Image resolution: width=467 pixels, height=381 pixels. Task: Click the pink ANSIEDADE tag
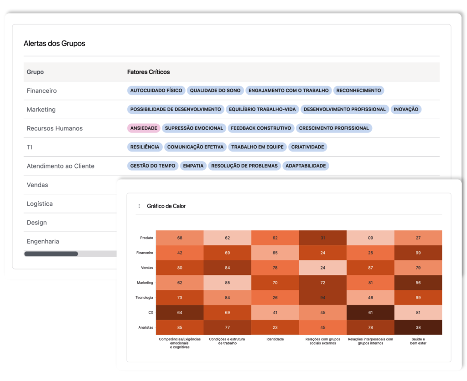tap(144, 128)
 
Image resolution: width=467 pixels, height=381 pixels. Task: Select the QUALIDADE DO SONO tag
tap(215, 91)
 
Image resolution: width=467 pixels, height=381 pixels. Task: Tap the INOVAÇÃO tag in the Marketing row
tap(406, 109)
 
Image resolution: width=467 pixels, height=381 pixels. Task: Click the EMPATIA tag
tap(193, 166)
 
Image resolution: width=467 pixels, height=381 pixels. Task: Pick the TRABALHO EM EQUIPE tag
tap(257, 147)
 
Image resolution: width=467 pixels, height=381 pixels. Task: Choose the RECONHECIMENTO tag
tap(358, 91)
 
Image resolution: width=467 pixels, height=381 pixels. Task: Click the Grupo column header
tap(35, 72)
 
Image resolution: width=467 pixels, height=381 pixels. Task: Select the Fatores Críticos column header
tap(148, 72)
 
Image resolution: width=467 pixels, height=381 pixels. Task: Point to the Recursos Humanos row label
tap(55, 128)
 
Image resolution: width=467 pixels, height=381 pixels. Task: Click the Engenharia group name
tap(43, 241)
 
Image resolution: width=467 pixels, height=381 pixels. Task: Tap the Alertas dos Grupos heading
tap(54, 44)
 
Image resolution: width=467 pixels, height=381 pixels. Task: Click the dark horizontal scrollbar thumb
tap(51, 254)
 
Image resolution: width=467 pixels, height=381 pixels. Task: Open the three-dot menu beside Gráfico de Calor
tap(139, 206)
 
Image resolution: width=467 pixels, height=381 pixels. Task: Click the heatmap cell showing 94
tap(323, 298)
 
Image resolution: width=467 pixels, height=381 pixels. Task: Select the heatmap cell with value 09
tap(370, 238)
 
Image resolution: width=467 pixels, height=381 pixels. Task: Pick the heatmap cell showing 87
tap(370, 268)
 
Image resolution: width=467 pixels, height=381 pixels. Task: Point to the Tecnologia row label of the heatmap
tap(145, 298)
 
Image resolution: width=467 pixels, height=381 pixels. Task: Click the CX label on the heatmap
tap(150, 312)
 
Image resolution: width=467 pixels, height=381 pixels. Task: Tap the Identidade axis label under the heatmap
tap(275, 339)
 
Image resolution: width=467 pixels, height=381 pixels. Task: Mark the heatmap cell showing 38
tap(418, 327)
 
